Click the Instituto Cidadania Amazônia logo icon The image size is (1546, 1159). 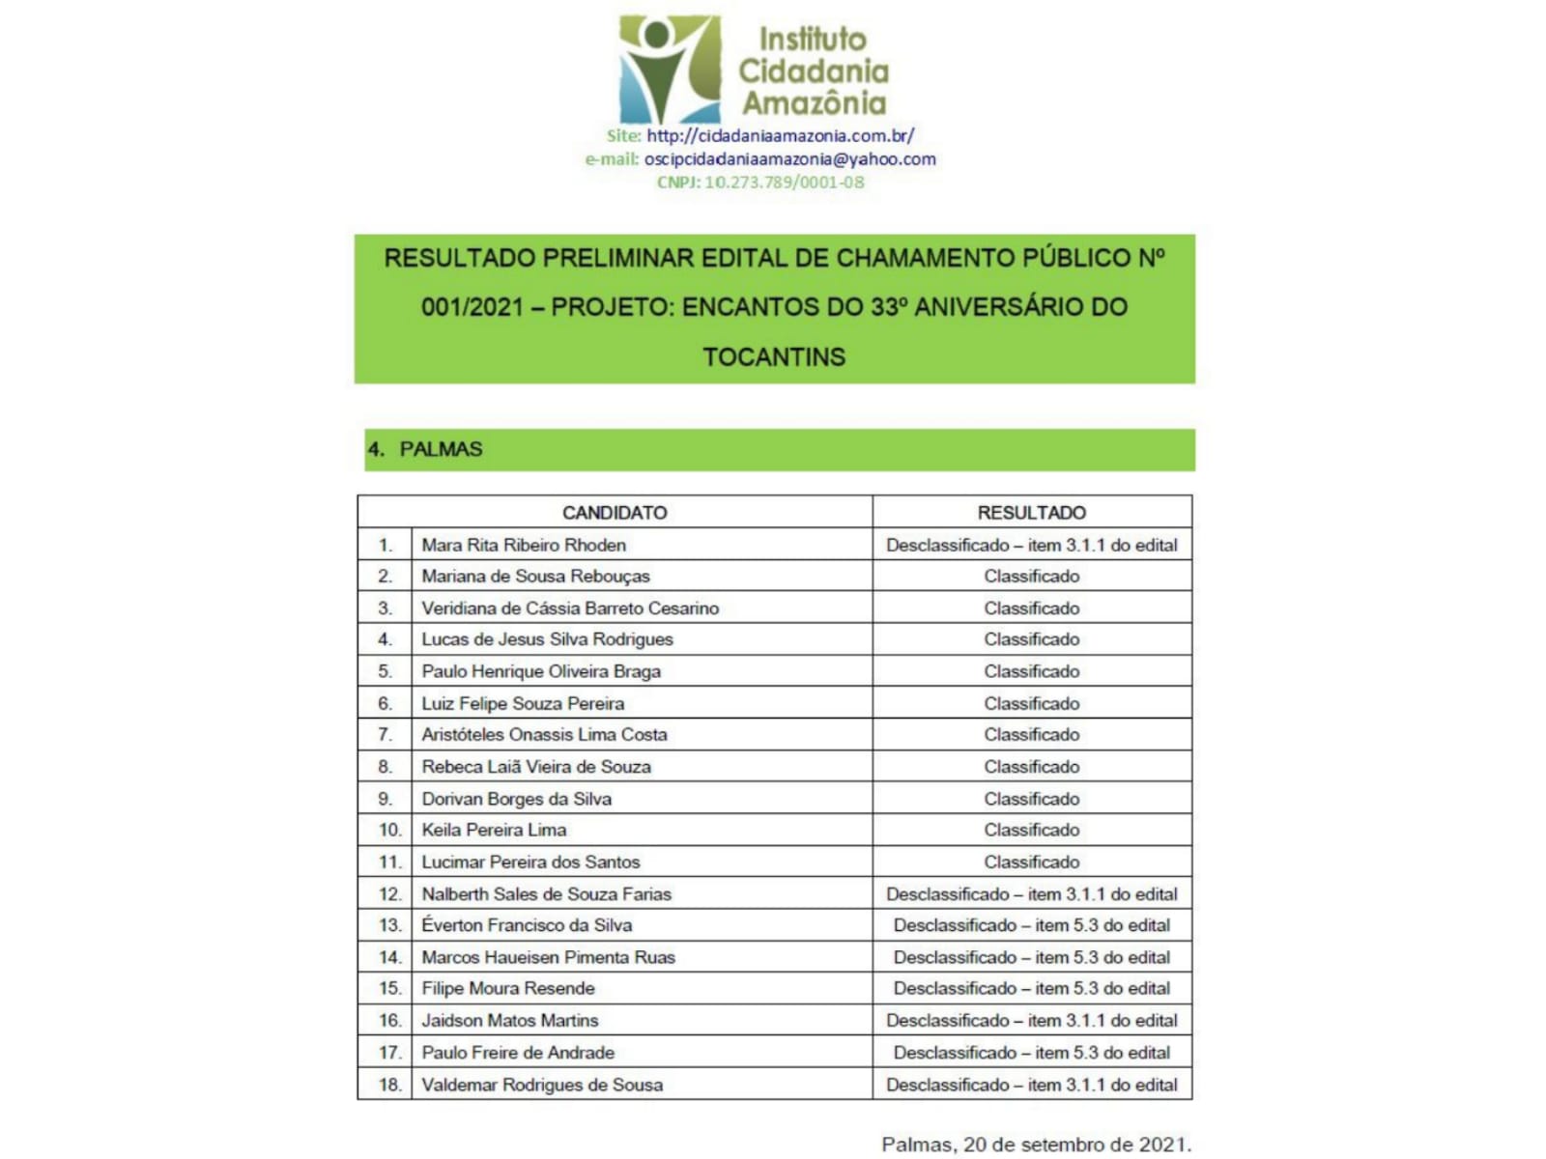[669, 70]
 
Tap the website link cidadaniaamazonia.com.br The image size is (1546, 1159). [780, 136]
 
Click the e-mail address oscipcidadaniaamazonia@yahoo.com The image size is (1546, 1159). [789, 159]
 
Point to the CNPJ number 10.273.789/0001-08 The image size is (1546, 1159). [784, 183]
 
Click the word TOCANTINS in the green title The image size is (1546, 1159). [774, 357]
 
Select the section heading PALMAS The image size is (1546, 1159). [441, 449]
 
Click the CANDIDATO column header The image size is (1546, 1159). [615, 513]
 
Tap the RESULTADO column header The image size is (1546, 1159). [1031, 513]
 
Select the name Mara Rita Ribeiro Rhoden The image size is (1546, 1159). [524, 545]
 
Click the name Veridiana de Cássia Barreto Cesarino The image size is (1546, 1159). [570, 608]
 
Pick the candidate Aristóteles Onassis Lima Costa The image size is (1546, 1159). [544, 735]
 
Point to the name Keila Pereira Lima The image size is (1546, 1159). [494, 830]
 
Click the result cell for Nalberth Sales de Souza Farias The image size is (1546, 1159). [1031, 894]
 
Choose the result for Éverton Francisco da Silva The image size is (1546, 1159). [1031, 925]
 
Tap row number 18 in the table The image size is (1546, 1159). [388, 1085]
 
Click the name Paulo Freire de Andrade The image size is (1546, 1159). [518, 1053]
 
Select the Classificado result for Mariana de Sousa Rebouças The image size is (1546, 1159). [1031, 577]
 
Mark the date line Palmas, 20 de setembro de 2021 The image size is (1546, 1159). [1036, 1145]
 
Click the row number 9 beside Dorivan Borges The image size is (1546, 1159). [385, 799]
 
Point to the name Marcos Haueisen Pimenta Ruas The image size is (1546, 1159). [548, 957]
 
